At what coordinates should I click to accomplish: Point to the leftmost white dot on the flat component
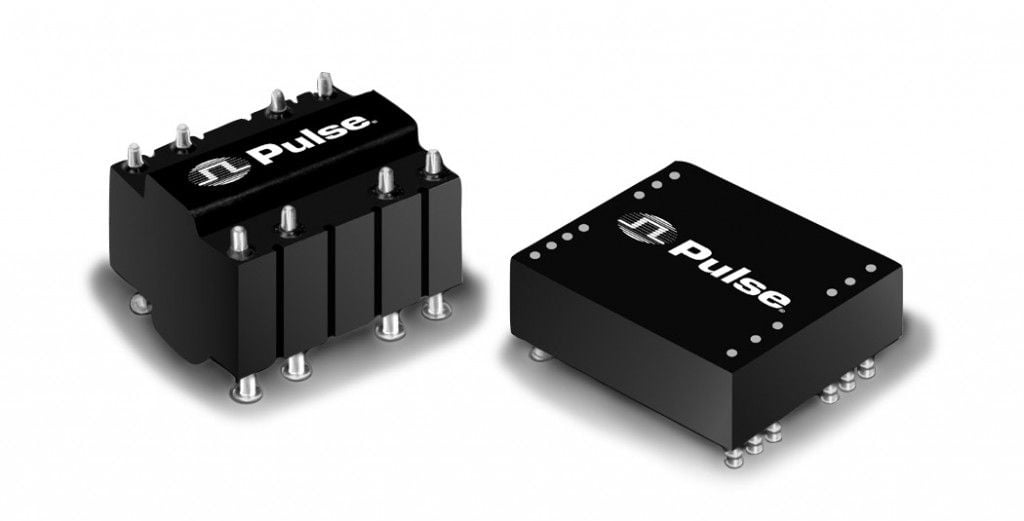click(x=536, y=255)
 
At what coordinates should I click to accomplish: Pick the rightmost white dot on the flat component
click(x=871, y=268)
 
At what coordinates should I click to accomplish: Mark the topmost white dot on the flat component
click(x=673, y=175)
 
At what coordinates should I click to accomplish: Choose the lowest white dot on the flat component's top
click(x=731, y=353)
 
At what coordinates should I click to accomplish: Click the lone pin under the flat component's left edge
click(x=539, y=354)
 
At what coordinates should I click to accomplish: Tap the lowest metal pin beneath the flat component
click(x=734, y=456)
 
